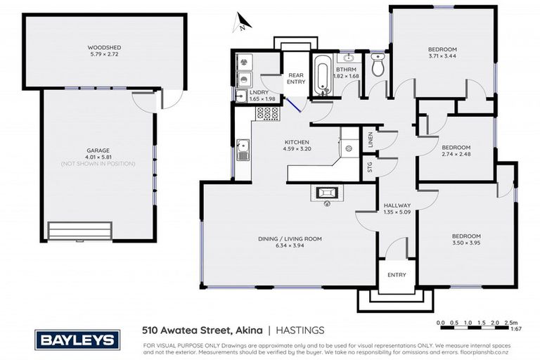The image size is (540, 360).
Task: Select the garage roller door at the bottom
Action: coord(80,231)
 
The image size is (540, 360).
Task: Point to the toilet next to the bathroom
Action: coord(378,67)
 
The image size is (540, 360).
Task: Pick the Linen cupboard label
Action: coord(369,140)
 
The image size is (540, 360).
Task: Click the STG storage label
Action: coord(370,167)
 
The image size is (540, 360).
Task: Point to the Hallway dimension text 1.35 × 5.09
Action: coord(392,212)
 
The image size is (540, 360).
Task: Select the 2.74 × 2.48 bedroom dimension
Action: coord(456,155)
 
